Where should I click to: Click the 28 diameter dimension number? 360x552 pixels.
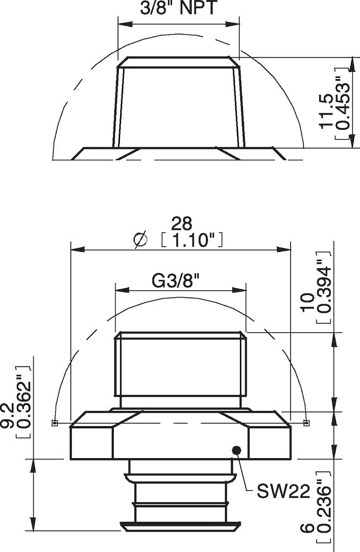tap(181, 224)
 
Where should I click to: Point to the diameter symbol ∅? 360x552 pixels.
tap(141, 240)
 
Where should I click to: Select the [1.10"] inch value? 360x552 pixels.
tap(191, 240)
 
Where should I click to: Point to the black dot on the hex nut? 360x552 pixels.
tap(237, 450)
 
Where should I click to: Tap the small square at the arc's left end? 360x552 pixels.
tap(54, 423)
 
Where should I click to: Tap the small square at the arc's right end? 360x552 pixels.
tap(306, 423)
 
